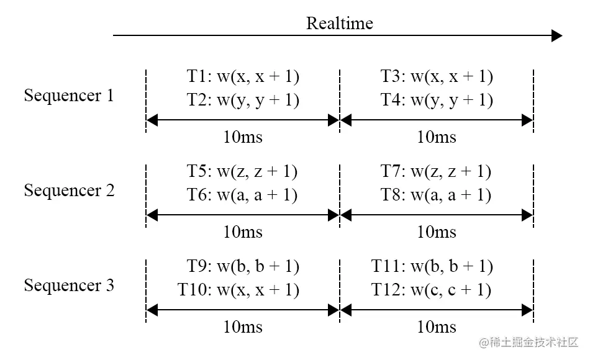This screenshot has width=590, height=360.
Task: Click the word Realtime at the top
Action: point(339,24)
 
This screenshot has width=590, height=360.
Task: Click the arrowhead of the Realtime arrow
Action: point(556,36)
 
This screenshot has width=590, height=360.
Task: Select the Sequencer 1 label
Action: point(69,96)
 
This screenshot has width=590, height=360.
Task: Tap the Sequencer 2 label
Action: point(69,191)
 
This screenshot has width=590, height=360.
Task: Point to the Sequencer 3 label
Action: point(69,286)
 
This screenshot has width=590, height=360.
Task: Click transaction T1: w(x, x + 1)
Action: point(243,76)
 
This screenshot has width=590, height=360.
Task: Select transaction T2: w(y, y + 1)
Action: point(243,100)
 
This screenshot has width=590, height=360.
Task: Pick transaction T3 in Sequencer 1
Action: point(437,76)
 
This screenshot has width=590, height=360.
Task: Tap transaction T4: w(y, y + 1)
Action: point(437,100)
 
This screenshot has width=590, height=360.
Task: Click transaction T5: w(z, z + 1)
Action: point(243,171)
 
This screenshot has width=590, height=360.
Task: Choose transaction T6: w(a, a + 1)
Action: point(243,195)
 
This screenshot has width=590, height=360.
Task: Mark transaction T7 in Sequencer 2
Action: point(437,171)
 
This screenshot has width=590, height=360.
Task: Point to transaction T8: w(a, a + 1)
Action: point(437,195)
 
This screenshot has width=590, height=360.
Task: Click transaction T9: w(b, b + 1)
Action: point(243,266)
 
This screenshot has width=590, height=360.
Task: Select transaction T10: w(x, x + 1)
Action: point(238,290)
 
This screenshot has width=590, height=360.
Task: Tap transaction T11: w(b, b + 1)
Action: point(432,266)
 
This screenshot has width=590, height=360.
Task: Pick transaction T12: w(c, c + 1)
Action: point(432,290)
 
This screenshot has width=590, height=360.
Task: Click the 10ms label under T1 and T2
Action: point(243,137)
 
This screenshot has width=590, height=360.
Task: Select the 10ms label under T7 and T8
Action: point(437,232)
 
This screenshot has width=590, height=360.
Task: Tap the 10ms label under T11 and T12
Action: point(437,327)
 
